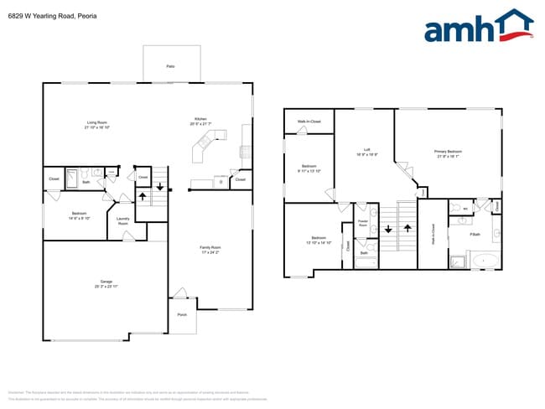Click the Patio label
click(x=170, y=65)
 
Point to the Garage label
click(x=100, y=284)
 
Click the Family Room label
click(x=210, y=249)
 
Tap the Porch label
click(x=182, y=315)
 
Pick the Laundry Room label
click(x=122, y=222)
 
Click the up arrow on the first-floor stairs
click(x=142, y=198)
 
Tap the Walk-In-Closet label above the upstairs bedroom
click(x=309, y=122)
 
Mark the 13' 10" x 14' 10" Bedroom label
click(x=319, y=240)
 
